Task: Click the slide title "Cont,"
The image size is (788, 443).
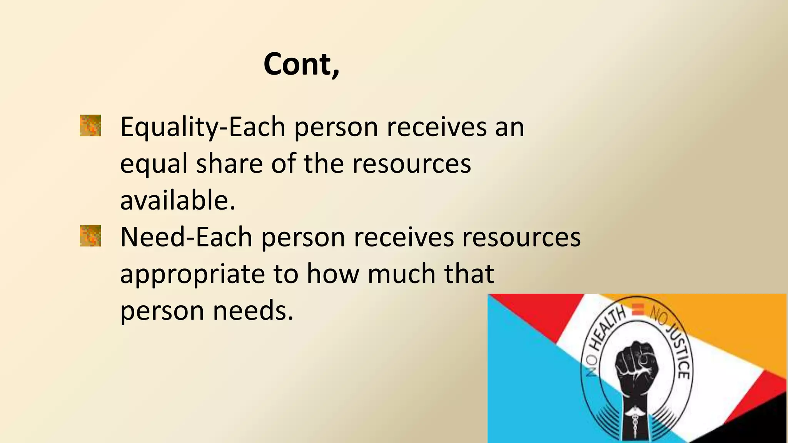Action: click(301, 64)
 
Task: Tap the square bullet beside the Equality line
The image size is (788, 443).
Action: click(90, 125)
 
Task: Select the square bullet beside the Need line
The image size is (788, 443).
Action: click(90, 236)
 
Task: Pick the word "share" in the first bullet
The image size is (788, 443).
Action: click(229, 163)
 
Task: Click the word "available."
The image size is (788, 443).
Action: click(178, 200)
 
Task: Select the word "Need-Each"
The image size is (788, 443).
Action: click(186, 237)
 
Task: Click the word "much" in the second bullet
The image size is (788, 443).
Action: click(401, 274)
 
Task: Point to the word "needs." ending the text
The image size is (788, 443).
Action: click(253, 310)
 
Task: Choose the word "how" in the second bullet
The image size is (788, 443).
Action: click(332, 274)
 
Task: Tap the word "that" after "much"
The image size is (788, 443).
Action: click(469, 274)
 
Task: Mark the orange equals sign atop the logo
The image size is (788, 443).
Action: click(638, 309)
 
